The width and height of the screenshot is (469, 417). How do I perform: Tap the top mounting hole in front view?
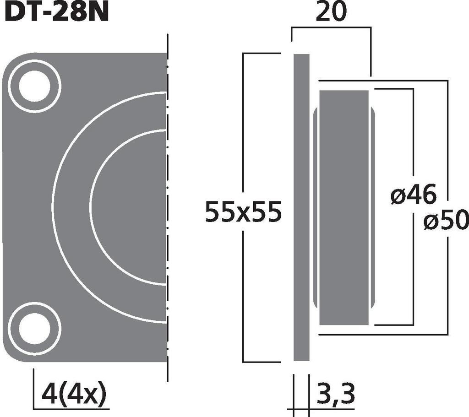coord(34,86)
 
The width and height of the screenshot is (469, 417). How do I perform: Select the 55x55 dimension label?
coord(242,212)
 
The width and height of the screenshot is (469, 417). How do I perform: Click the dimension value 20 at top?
coord(331,13)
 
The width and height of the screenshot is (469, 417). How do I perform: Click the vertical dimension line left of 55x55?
coord(243,137)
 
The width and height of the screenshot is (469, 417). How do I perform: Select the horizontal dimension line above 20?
coord(331,27)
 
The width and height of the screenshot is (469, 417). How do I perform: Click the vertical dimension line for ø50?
coord(447,137)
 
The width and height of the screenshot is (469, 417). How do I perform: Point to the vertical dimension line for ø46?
coord(414,137)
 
